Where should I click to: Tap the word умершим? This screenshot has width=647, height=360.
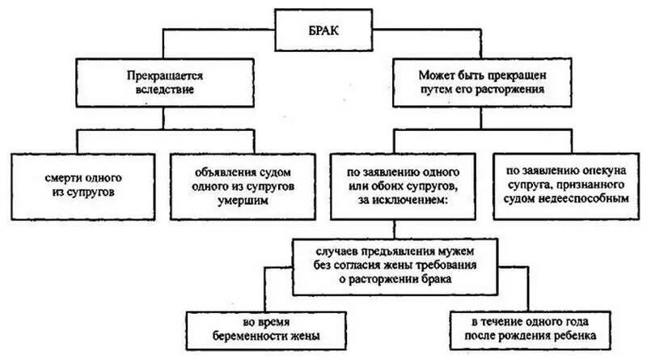click(242, 201)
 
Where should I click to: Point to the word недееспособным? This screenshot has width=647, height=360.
click(586, 198)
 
